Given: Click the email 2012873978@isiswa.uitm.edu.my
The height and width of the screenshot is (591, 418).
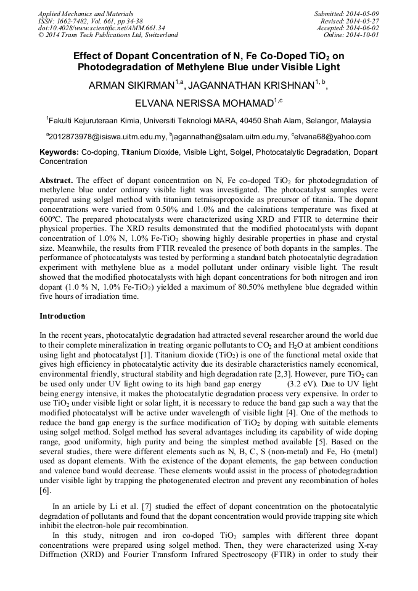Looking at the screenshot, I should (107, 137).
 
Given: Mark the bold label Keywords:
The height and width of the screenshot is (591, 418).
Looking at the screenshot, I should (59, 152).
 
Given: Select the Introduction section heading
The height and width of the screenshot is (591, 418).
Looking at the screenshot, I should (62, 316).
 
